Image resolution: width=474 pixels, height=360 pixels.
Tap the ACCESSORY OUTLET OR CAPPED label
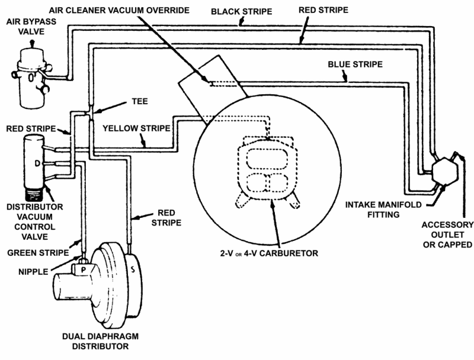(448, 234)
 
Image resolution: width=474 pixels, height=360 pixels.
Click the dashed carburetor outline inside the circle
(267, 172)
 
